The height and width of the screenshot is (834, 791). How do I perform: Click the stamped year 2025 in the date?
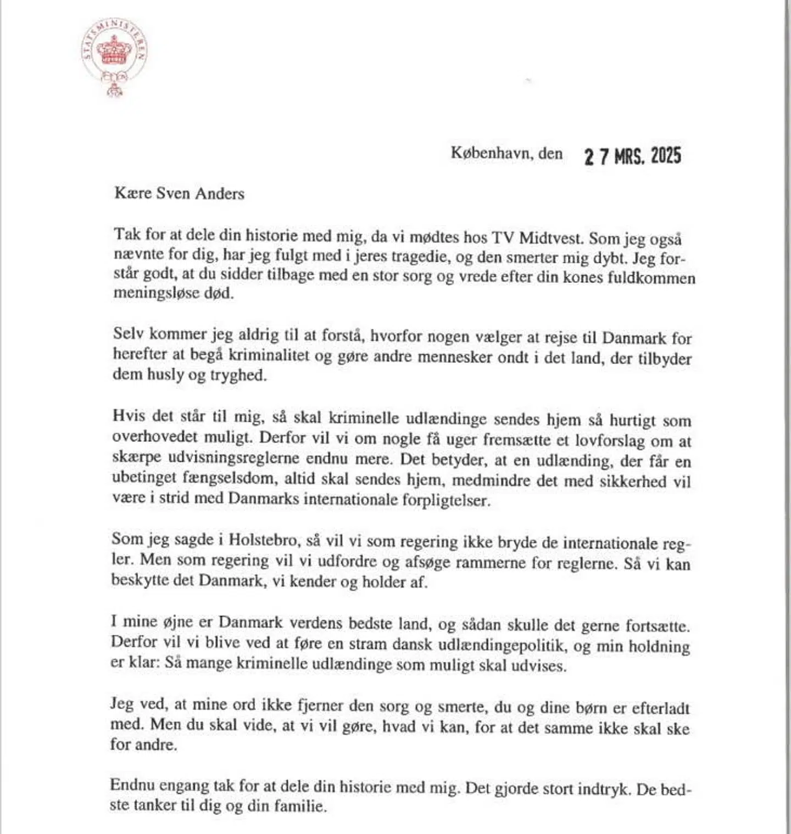click(666, 156)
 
